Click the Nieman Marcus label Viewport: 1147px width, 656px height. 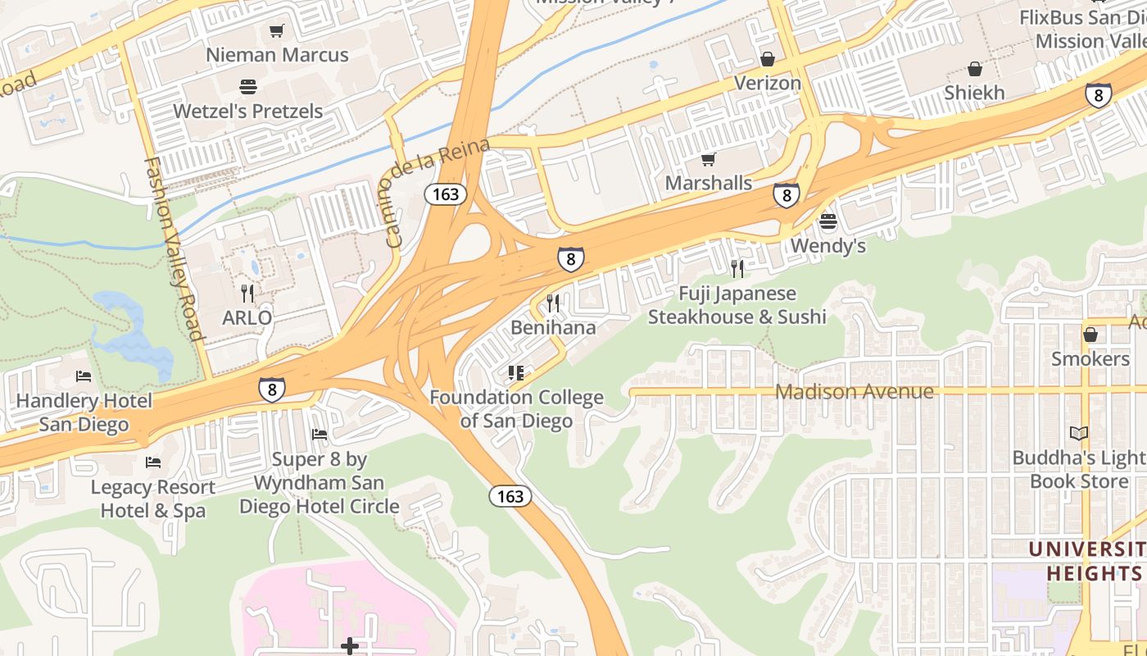[277, 55]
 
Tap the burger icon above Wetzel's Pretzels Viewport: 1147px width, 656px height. [248, 87]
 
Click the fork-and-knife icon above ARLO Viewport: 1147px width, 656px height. [247, 293]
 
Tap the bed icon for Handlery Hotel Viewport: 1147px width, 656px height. [84, 376]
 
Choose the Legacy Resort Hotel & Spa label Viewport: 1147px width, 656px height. [153, 499]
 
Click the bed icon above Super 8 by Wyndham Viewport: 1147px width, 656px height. [320, 434]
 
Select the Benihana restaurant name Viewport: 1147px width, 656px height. [553, 327]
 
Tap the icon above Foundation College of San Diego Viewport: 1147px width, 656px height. [516, 374]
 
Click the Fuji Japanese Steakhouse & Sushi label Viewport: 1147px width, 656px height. [737, 305]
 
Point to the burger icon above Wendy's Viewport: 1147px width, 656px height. [827, 221]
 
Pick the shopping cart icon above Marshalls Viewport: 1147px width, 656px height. [708, 159]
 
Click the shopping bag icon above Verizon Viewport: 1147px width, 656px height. [768, 59]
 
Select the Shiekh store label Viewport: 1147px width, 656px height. [974, 93]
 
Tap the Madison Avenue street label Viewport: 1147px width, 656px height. [854, 391]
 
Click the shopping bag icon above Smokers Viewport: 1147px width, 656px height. [1090, 335]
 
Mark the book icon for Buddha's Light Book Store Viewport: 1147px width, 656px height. [1079, 433]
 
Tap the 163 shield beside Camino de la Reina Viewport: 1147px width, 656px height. [445, 194]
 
